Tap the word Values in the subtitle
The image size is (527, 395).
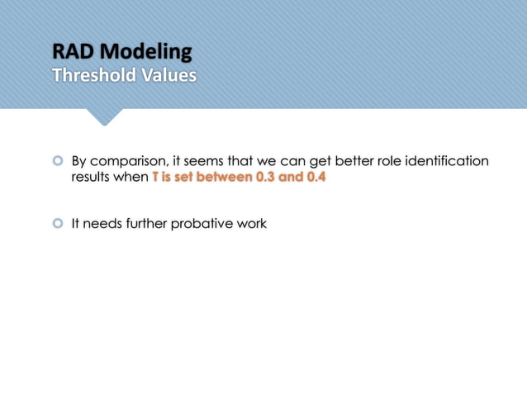pyautogui.click(x=169, y=75)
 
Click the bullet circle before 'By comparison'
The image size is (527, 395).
pyautogui.click(x=58, y=161)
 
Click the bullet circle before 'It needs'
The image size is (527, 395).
pyautogui.click(x=58, y=223)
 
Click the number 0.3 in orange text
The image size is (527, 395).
pyautogui.click(x=265, y=178)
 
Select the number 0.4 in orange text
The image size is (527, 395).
pyautogui.click(x=315, y=178)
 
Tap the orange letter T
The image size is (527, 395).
pyautogui.click(x=155, y=178)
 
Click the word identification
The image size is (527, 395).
pyautogui.click(x=446, y=161)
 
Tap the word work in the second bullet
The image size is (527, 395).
pyautogui.click(x=252, y=224)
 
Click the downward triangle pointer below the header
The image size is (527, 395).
pyautogui.click(x=103, y=117)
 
